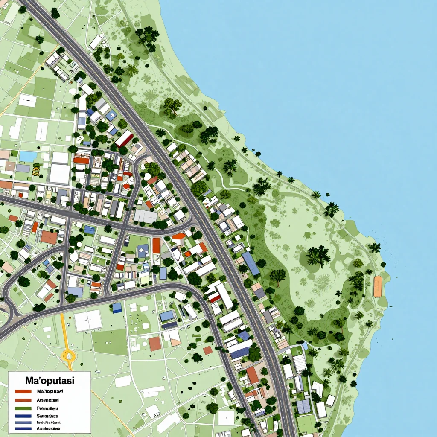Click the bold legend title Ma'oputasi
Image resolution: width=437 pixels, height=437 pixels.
50,379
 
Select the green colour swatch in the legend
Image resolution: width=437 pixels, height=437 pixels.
23,408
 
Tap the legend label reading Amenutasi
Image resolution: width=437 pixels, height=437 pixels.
48,400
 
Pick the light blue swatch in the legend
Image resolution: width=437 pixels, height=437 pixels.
23,422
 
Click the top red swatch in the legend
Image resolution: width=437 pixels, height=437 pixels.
23,391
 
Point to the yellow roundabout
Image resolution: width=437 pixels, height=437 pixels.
68,355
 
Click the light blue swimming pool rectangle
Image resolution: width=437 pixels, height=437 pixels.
28,157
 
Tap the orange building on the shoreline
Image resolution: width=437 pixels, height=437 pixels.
377,286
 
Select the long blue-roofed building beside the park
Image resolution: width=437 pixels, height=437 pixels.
251,263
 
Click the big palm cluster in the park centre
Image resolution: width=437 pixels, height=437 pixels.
318,256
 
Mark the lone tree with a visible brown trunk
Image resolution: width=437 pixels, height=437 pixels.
278,277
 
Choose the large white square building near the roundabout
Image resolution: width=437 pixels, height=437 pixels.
88,320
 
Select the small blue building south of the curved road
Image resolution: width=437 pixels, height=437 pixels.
117,308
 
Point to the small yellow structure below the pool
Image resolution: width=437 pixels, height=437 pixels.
36,171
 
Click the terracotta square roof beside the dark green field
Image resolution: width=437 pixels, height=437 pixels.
155,344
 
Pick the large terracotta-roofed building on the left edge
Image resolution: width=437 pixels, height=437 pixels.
49,237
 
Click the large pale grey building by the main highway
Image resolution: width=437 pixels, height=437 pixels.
146,216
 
